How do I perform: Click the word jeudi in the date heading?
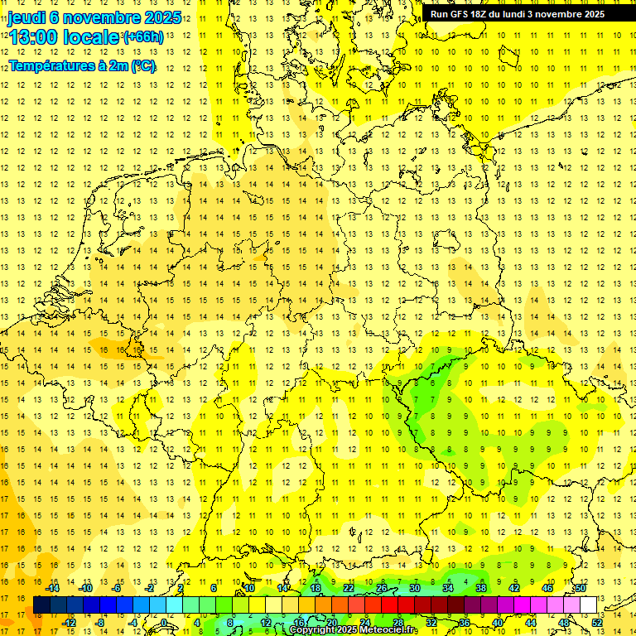pos(27,17)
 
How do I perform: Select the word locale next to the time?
pos(94,37)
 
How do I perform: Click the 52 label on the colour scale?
pos(598,622)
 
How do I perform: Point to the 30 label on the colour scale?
pos(415,588)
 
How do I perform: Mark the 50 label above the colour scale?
pos(581,588)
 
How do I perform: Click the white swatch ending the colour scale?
pos(589,605)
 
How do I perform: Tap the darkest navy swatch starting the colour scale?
pos(41,605)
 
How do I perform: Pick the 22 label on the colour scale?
pos(349,588)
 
